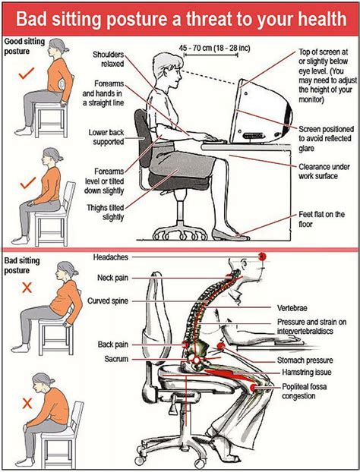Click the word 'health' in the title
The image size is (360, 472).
(x=322, y=19)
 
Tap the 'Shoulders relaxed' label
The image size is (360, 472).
(x=109, y=59)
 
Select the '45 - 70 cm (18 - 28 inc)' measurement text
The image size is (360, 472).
(x=214, y=48)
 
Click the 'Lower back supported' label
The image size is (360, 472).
(x=106, y=137)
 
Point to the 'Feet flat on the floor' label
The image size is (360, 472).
(x=321, y=219)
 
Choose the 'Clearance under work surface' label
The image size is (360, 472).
(x=324, y=171)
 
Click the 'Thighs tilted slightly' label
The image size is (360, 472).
(x=106, y=212)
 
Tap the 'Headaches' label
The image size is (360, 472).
(x=111, y=257)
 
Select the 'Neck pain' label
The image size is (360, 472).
(x=112, y=278)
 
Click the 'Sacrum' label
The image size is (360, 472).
(x=116, y=359)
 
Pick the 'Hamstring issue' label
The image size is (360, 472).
(x=306, y=372)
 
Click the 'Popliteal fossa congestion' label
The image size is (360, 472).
(x=304, y=391)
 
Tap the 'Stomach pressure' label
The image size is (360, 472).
(x=305, y=360)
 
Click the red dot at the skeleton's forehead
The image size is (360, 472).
(x=262, y=256)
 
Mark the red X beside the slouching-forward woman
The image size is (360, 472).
(x=27, y=403)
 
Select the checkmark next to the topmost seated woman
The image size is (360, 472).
(x=27, y=73)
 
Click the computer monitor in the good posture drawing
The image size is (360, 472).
(x=261, y=112)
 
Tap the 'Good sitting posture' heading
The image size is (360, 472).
(x=24, y=46)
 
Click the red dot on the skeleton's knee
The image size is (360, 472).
(x=254, y=388)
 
